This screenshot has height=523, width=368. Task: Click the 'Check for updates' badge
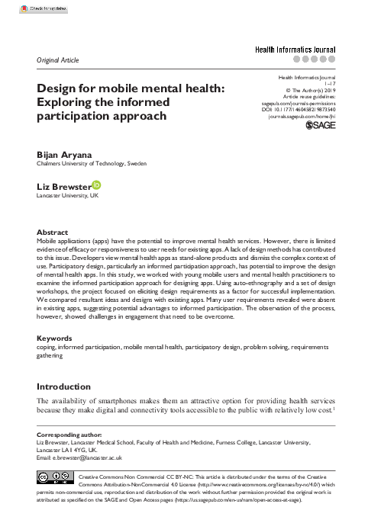pos(24,8)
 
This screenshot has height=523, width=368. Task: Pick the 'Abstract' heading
pos(52,232)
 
